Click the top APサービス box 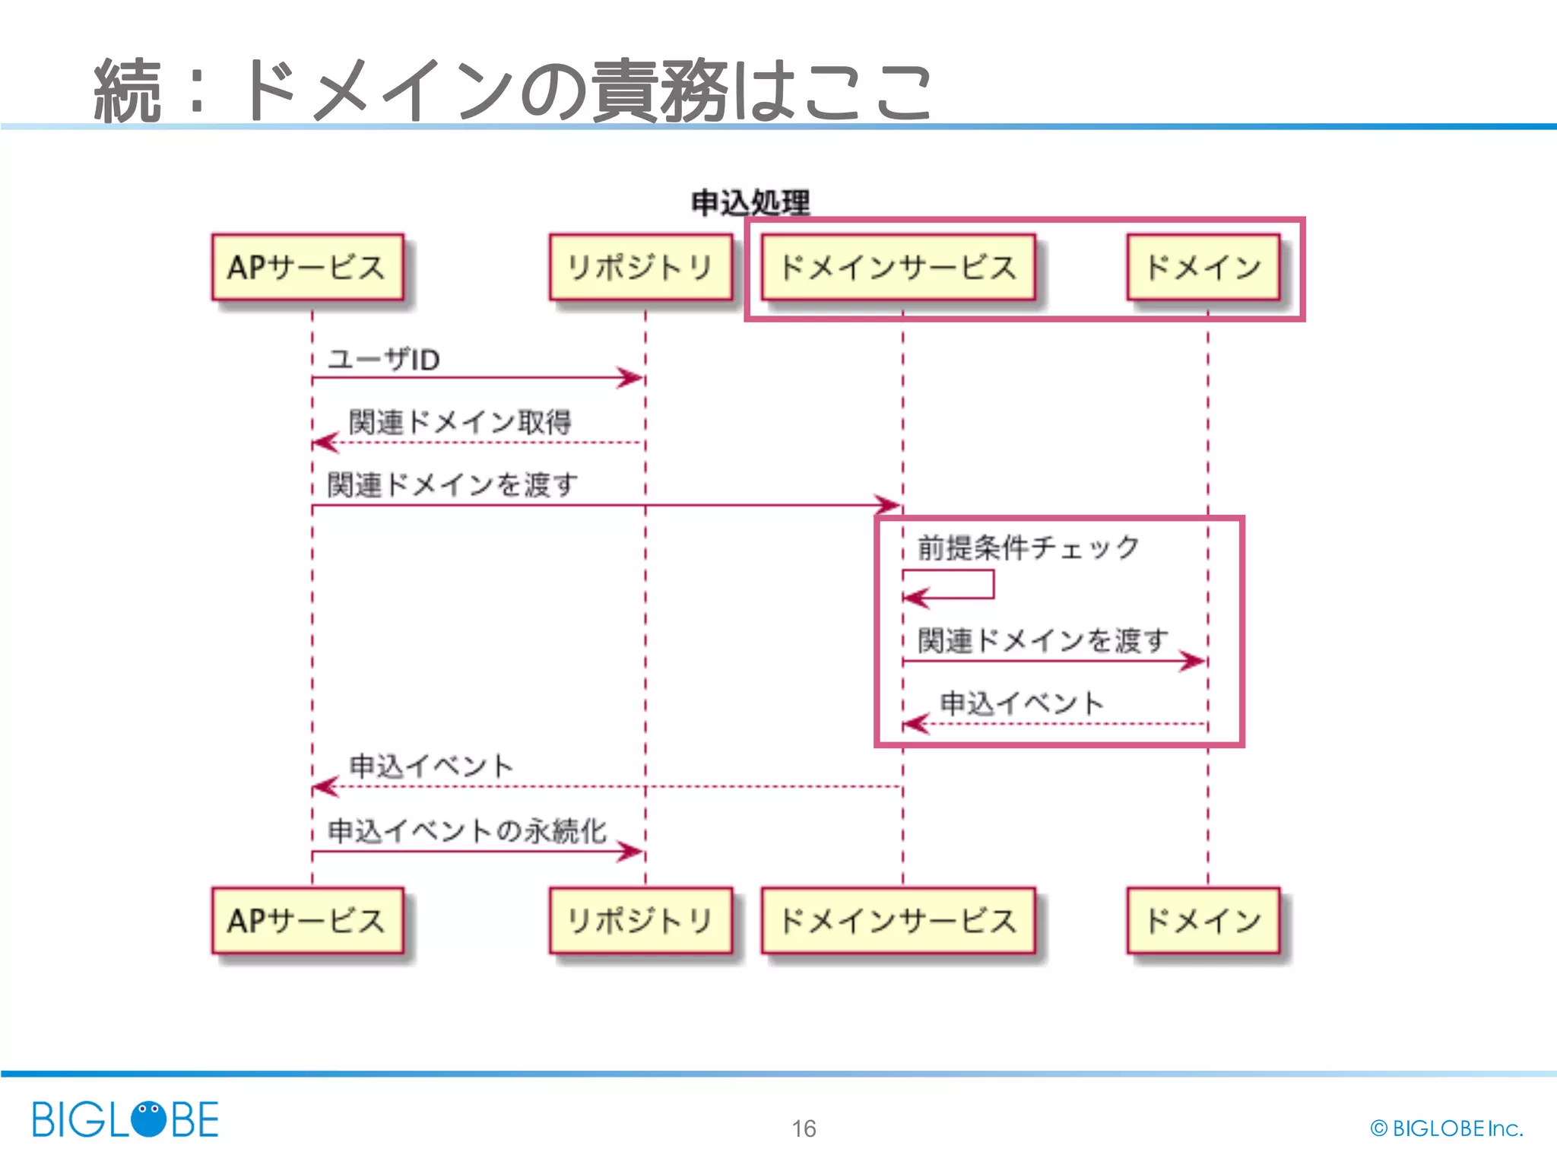(307, 267)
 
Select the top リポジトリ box (640, 267)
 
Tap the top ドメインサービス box (898, 267)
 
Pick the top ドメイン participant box (1203, 267)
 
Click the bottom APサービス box (307, 920)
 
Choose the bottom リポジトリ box (640, 920)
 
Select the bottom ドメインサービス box (898, 920)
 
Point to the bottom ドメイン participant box (1203, 920)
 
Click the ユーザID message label (384, 359)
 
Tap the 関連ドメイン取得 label (460, 422)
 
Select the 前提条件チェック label (1028, 547)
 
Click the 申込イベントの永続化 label (467, 830)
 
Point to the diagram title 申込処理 (750, 203)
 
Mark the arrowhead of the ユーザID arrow (631, 377)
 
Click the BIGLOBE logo (125, 1119)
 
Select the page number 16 (804, 1128)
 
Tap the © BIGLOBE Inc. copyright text (1446, 1128)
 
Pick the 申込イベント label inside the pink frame (1021, 703)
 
